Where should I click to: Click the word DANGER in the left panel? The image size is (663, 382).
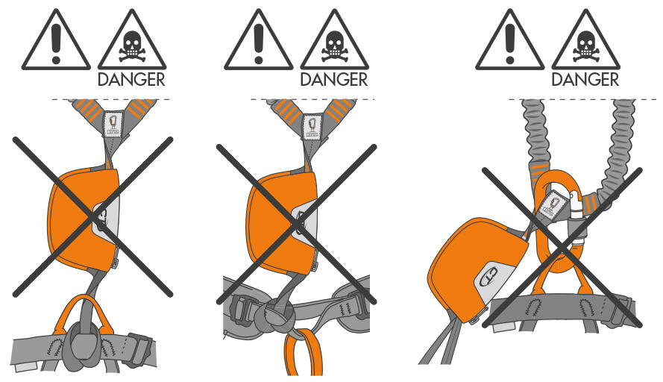[131, 79]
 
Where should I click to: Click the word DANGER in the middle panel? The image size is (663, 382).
[333, 79]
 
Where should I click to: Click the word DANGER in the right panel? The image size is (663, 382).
[585, 79]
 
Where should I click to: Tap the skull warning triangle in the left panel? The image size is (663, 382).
[132, 40]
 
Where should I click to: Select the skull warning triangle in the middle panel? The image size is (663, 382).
[334, 40]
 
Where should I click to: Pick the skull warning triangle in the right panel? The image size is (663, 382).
[586, 40]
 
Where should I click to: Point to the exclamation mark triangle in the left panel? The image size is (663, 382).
[56, 40]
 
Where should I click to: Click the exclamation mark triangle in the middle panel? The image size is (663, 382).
[259, 40]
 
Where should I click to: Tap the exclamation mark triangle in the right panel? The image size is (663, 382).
[510, 40]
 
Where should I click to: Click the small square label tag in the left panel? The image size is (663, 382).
[113, 124]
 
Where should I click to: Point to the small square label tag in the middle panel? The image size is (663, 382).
[312, 126]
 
